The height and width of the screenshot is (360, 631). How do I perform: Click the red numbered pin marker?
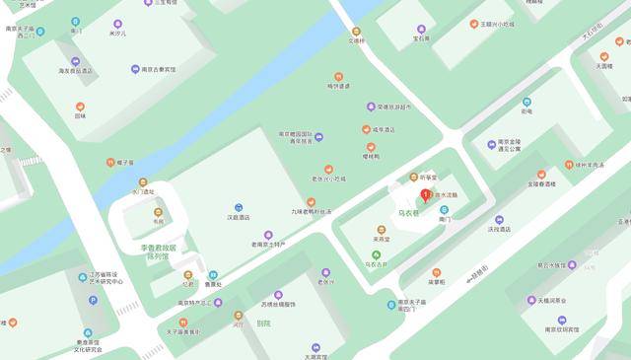425,194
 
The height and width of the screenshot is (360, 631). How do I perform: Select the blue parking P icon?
90,331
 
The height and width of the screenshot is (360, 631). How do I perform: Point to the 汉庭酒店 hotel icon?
239,206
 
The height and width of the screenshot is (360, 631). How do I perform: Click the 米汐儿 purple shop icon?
118,24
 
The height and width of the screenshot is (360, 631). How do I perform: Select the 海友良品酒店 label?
75,71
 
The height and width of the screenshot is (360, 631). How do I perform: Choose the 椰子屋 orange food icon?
111,163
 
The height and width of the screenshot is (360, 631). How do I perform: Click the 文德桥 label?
356,41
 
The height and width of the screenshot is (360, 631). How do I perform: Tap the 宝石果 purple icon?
421,30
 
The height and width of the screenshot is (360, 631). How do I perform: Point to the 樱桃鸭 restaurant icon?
371,147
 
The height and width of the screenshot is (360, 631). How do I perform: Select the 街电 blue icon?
526,102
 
